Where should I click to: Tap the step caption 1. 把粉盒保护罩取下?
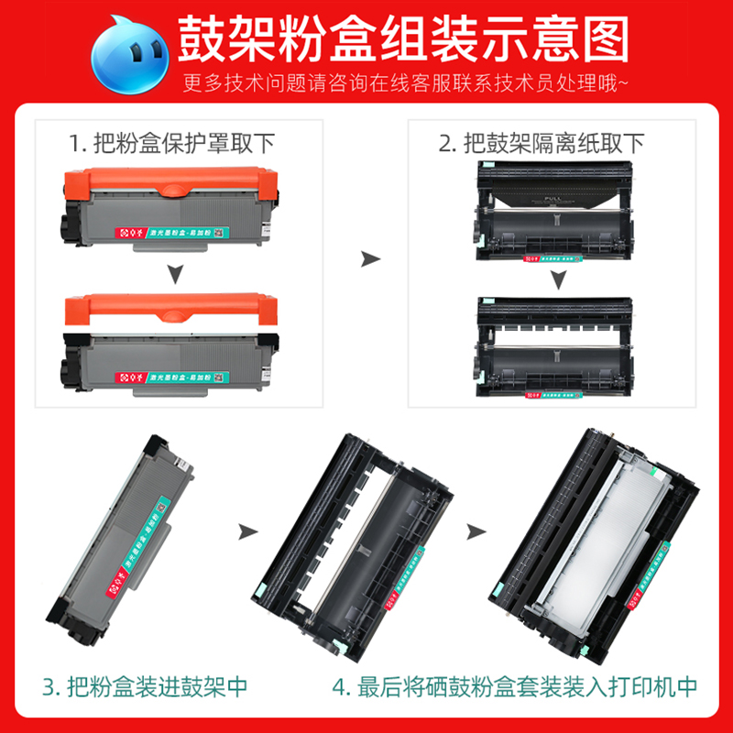click(x=171, y=144)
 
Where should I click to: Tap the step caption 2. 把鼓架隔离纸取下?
click(x=542, y=144)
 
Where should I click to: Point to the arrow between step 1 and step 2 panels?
click(x=370, y=259)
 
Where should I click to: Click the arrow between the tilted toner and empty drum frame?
click(x=246, y=530)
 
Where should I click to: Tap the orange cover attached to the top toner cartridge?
click(x=170, y=182)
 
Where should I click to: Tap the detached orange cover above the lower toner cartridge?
click(x=170, y=308)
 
